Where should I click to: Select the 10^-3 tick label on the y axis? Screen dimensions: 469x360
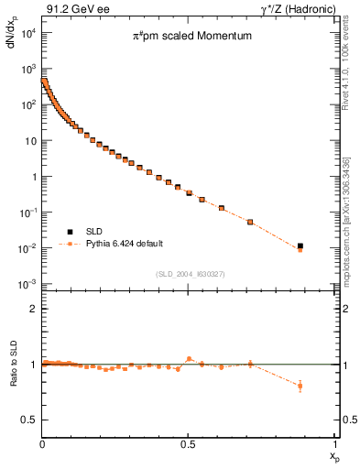27,284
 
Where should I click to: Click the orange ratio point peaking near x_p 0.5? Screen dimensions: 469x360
189,359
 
